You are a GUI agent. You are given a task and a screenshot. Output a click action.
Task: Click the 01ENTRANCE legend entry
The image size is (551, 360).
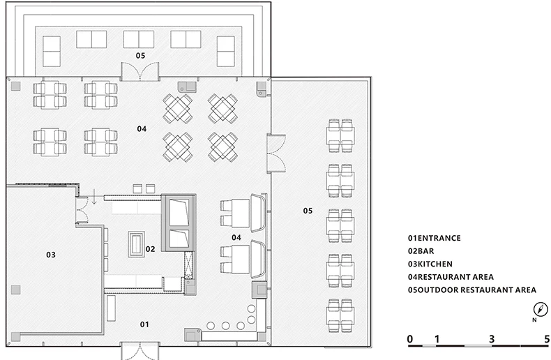(434, 238)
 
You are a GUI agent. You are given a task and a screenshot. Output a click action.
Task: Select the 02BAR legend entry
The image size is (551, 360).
(421, 251)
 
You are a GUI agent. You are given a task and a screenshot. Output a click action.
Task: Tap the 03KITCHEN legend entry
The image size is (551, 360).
(430, 264)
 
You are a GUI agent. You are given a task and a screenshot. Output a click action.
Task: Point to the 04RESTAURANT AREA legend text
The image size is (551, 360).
(451, 277)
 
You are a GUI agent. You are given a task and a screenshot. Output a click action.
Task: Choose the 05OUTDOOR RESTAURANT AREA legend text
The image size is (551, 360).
(472, 290)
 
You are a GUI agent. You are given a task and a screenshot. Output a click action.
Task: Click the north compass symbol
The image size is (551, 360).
(541, 309)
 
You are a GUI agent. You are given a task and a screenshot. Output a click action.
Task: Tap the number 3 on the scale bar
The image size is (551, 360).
(492, 339)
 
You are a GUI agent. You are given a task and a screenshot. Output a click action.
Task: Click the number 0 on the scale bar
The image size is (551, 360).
(410, 339)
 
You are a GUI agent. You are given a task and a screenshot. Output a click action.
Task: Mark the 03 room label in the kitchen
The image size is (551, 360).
(51, 255)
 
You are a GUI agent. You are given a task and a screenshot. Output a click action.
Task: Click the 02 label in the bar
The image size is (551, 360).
(151, 249)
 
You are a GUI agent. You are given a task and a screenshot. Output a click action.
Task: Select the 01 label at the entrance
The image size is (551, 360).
(144, 324)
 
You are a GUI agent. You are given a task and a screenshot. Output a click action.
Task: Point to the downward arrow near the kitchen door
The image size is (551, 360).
(94, 196)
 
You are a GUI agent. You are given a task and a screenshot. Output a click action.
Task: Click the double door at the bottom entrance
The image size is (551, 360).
(140, 350)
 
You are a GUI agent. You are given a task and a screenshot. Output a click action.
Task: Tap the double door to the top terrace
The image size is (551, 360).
(140, 71)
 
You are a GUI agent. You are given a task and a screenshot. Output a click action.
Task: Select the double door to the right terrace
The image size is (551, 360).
(276, 153)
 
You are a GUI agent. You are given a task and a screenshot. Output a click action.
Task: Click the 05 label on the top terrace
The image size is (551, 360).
(140, 55)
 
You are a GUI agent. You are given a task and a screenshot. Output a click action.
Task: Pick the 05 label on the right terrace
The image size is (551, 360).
(308, 211)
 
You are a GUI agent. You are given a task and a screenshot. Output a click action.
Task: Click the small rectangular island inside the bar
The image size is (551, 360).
(136, 244)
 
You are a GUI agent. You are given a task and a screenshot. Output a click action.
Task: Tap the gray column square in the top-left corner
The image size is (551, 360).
(16, 86)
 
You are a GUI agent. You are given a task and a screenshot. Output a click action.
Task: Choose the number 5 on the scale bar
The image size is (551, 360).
(547, 339)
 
